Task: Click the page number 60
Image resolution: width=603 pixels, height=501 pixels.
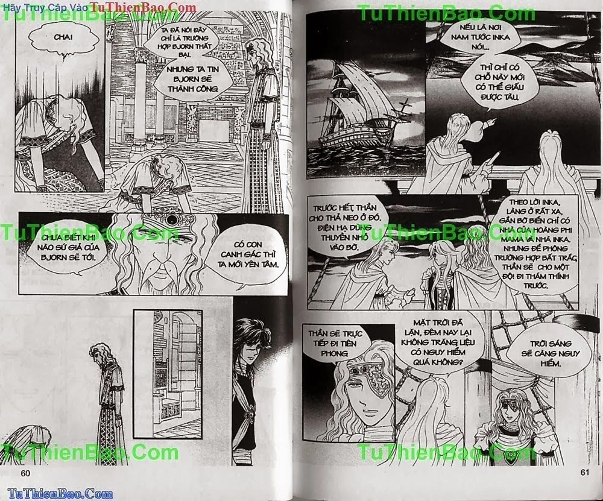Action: pos(25,472)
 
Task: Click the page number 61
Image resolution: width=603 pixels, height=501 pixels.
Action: pos(584,472)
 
